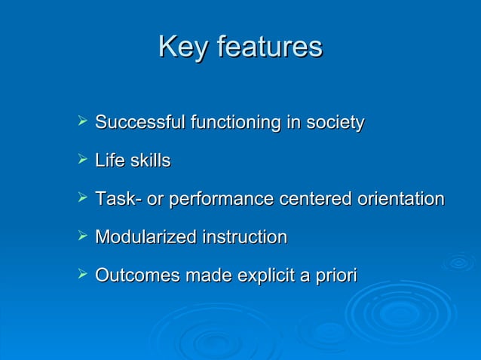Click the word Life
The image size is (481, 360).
109,160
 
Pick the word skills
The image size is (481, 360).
149,160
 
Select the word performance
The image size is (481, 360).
221,200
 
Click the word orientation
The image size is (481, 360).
400,200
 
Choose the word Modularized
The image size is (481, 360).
143,238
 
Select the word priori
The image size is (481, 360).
336,276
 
